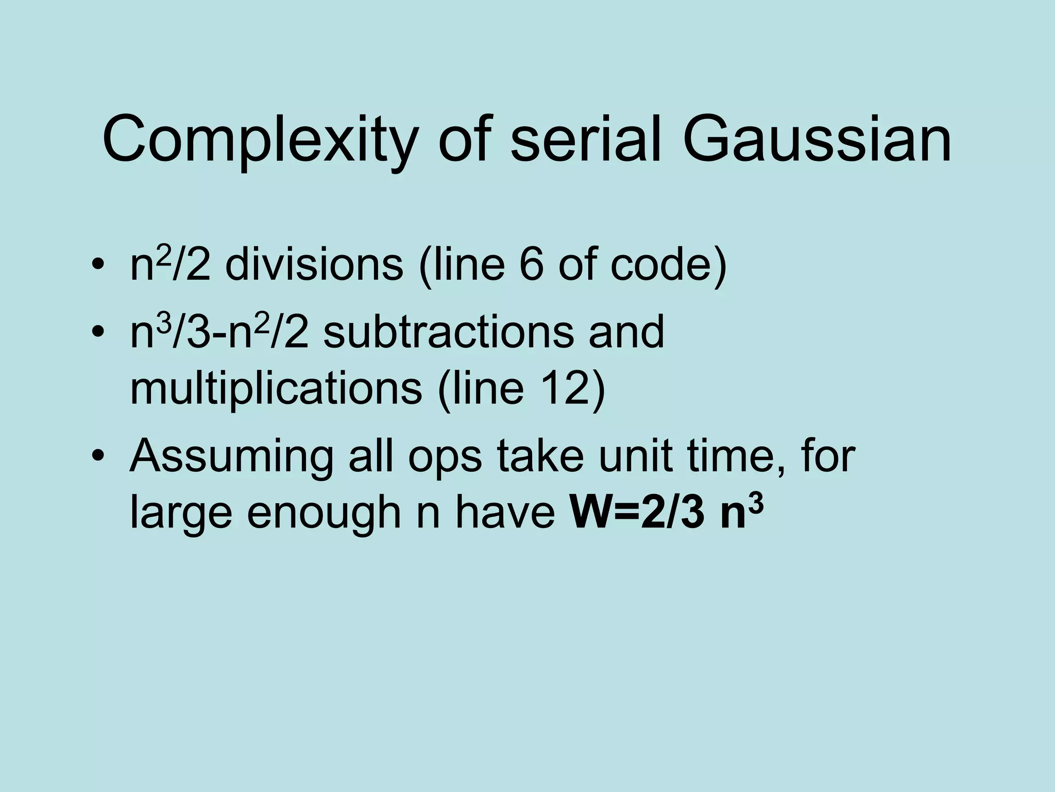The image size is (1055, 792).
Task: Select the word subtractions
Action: (x=448, y=332)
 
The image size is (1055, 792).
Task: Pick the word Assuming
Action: (x=232, y=458)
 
